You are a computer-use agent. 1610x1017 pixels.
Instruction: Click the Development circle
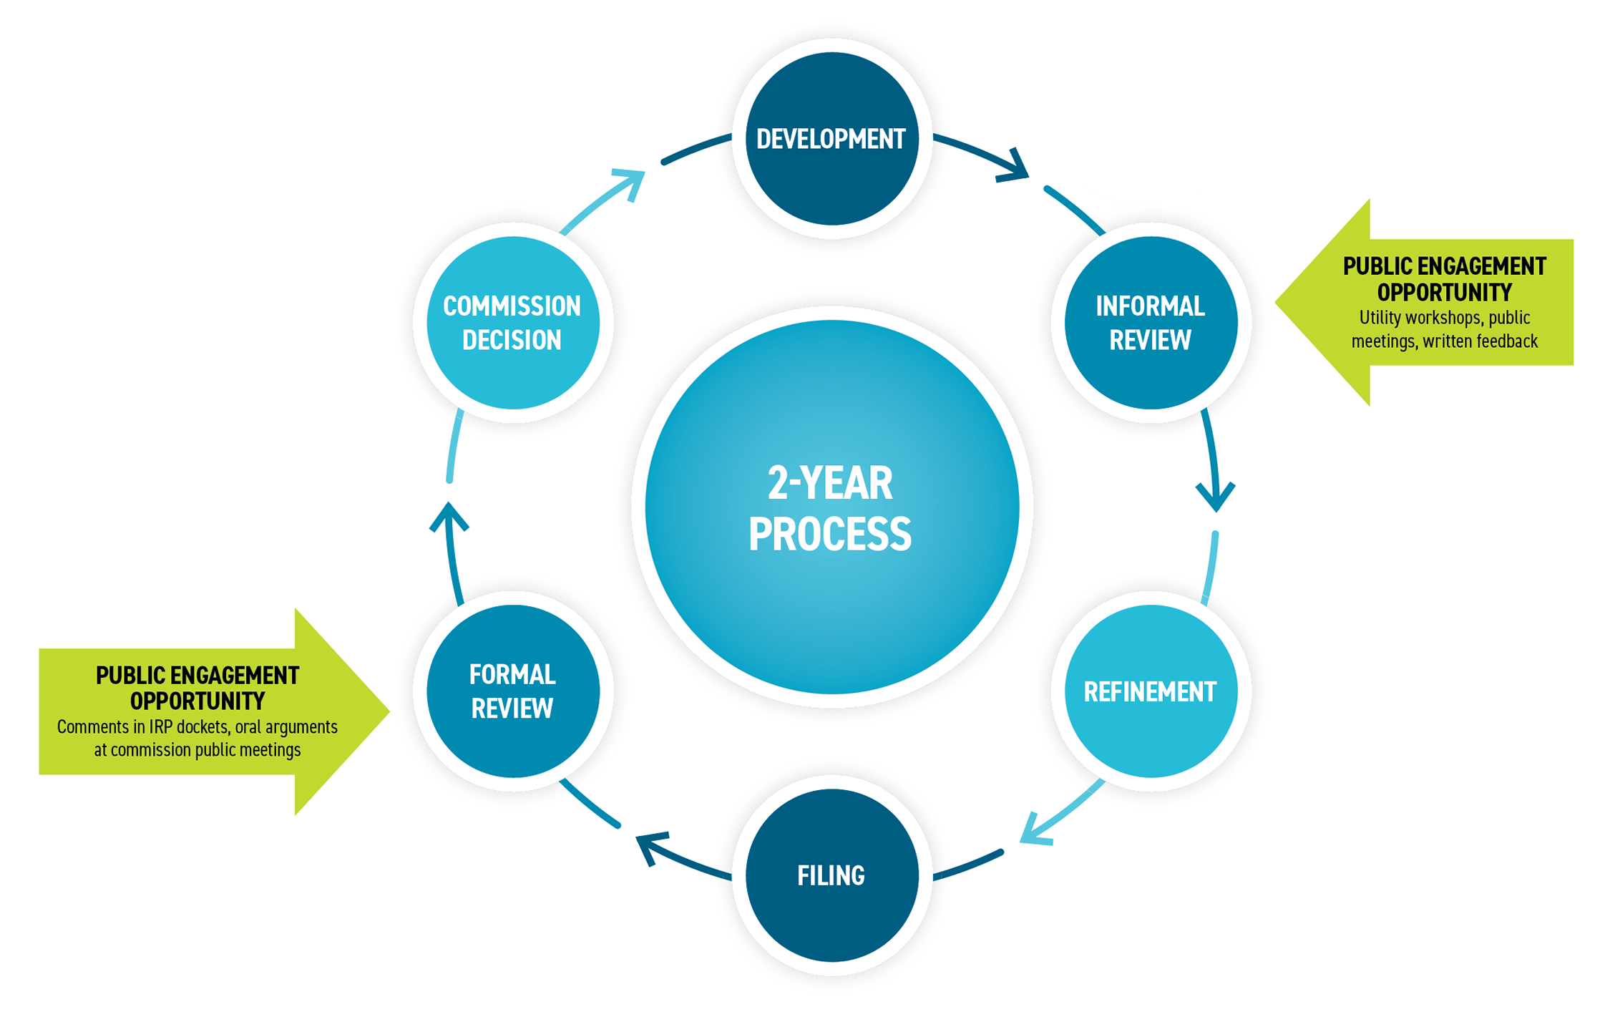coord(831,138)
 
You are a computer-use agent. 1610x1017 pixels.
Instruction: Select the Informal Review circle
coord(1151,323)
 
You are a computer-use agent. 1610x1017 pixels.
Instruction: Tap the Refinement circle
coord(1151,691)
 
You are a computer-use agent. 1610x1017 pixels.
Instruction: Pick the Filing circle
coord(831,875)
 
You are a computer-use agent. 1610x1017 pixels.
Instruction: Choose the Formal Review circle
coord(513,691)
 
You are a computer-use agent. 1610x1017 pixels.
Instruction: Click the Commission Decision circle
coord(513,323)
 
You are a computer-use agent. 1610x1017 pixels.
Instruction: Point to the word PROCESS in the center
coord(830,534)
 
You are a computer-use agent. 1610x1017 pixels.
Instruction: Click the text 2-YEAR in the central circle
coord(830,483)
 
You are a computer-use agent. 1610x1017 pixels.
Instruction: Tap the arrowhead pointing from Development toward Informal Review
coord(1015,166)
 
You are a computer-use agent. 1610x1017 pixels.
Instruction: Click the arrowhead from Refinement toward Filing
coord(1035,830)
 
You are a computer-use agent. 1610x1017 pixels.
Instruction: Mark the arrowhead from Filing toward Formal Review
coord(650,847)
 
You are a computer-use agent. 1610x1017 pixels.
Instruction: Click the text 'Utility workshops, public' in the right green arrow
coord(1444,318)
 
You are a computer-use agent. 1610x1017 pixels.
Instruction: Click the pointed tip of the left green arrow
coord(389,711)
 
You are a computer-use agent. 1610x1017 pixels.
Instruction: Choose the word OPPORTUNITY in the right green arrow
coord(1444,293)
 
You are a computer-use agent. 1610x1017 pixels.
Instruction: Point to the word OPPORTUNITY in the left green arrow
coord(197,701)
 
